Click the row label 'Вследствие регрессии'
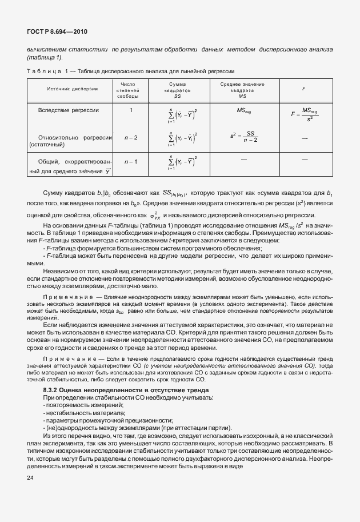click(69, 110)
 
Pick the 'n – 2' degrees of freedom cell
click(131, 138)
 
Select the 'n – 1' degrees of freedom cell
click(131, 162)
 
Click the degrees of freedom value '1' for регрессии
click(131, 110)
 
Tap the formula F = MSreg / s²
click(303, 114)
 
